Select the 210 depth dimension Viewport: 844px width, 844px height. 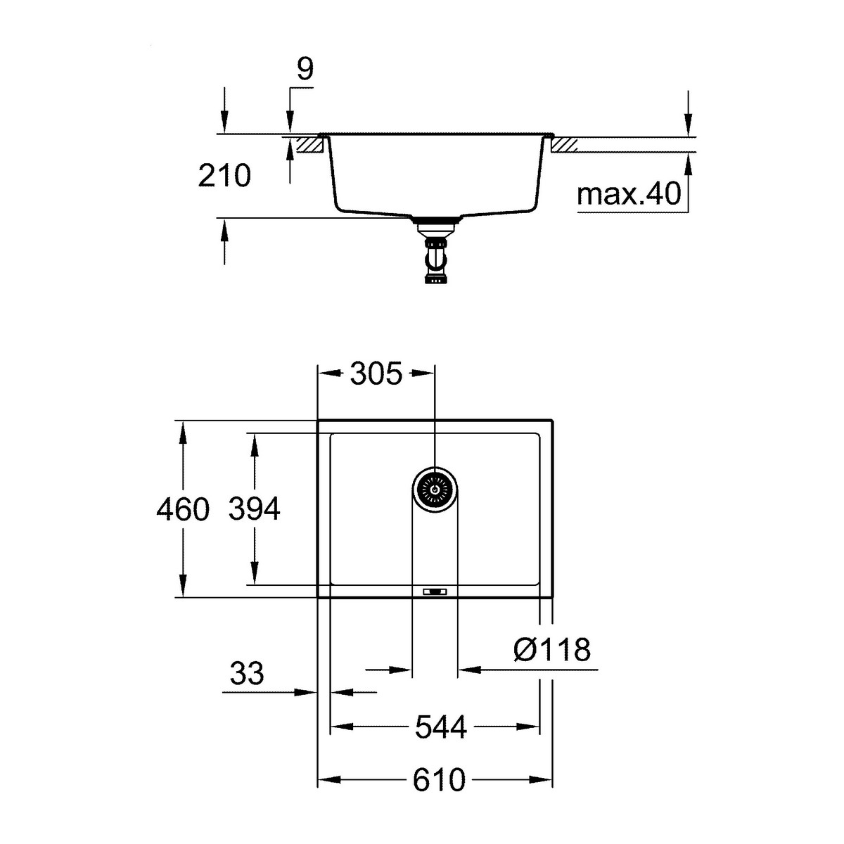click(x=224, y=175)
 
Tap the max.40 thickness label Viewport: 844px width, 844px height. click(x=629, y=193)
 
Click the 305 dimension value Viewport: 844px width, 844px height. click(x=376, y=374)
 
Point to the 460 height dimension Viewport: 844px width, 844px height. click(x=183, y=509)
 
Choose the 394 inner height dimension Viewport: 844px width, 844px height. click(x=255, y=509)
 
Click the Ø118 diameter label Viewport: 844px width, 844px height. click(x=552, y=650)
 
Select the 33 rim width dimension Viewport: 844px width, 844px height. click(x=247, y=674)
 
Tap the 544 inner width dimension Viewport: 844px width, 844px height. click(x=440, y=727)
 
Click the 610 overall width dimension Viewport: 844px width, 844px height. click(x=439, y=780)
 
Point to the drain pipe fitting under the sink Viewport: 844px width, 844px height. click(x=434, y=253)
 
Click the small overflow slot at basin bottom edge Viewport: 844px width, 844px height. click(x=434, y=592)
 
